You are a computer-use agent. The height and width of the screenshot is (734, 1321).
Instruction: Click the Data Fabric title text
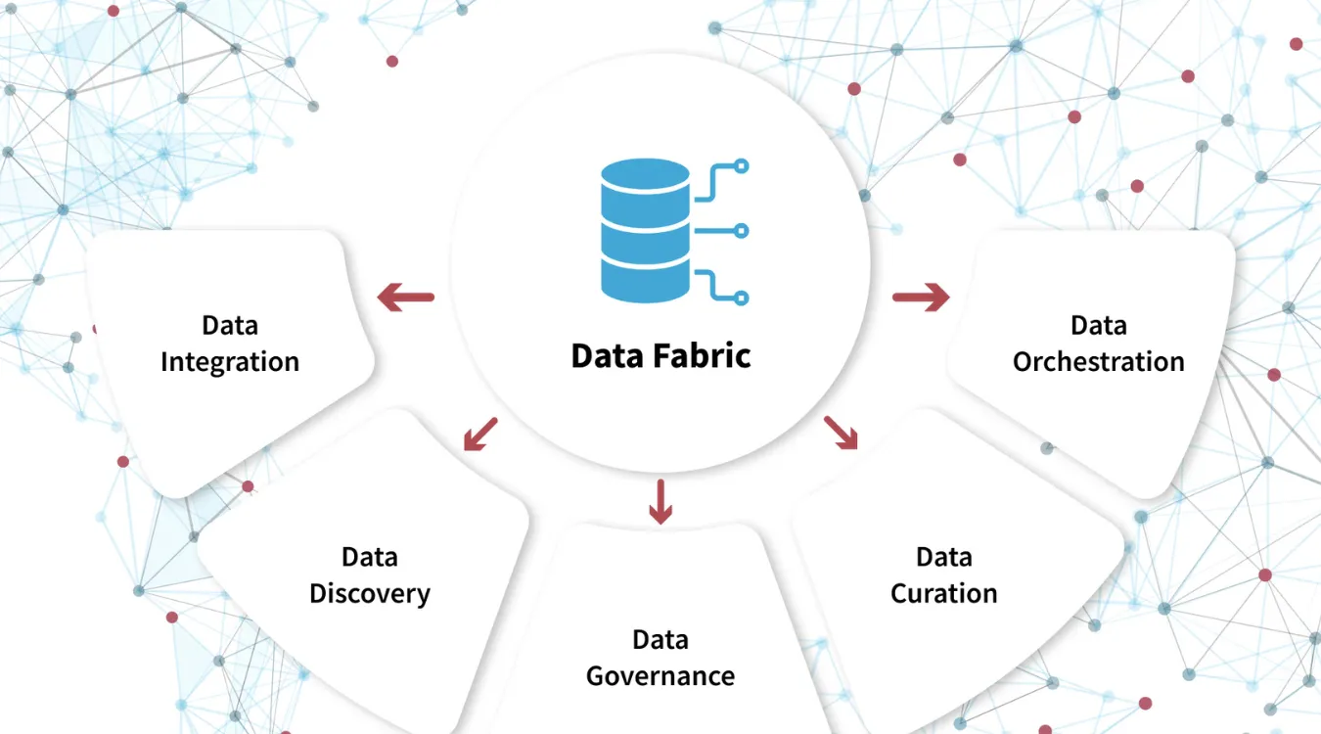[660, 355]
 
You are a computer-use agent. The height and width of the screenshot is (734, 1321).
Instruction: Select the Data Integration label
[230, 344]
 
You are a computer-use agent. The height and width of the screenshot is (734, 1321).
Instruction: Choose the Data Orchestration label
[1098, 344]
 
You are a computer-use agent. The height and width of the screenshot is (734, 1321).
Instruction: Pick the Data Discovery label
[370, 575]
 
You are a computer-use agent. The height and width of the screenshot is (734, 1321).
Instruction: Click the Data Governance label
[660, 658]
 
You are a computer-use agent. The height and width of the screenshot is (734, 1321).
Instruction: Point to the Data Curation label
[943, 575]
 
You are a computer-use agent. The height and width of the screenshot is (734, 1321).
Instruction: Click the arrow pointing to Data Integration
[406, 297]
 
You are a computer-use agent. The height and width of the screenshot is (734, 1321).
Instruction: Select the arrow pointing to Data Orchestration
[921, 297]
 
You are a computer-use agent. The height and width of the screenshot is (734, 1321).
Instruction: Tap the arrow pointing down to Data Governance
[661, 501]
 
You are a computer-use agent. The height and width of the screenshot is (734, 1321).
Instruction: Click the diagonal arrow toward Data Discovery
[480, 435]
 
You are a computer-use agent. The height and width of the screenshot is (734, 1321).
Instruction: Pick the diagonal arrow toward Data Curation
[841, 433]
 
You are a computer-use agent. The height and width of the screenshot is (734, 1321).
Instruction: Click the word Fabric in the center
[703, 355]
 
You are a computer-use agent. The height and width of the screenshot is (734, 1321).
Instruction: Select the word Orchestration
[1098, 362]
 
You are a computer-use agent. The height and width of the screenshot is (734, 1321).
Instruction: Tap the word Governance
[660, 676]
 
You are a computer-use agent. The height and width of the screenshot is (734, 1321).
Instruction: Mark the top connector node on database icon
[742, 166]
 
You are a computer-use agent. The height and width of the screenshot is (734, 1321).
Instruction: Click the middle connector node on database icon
[742, 231]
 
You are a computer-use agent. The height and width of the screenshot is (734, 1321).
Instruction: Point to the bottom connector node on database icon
[742, 297]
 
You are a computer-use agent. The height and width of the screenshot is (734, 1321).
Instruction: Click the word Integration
[230, 362]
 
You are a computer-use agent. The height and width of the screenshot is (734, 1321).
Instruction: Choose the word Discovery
[370, 594]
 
